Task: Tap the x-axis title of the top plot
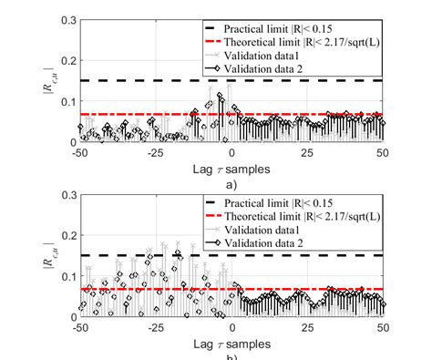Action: (231, 168)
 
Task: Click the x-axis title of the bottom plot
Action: (231, 342)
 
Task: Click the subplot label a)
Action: (231, 181)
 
